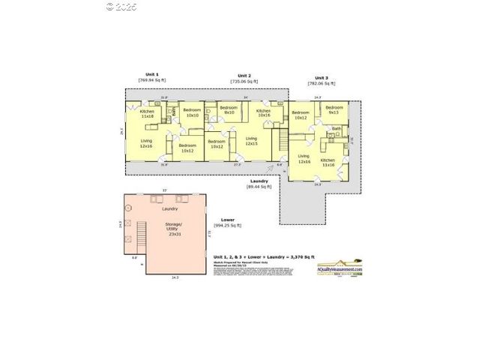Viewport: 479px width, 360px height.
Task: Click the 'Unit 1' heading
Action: click(152, 75)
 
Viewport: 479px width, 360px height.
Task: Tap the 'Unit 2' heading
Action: click(244, 76)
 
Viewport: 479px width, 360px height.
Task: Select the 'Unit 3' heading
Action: click(321, 78)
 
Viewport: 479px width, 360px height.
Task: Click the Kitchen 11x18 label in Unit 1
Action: click(147, 114)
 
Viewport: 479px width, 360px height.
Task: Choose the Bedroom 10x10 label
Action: click(192, 113)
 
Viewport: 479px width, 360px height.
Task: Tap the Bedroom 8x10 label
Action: click(228, 110)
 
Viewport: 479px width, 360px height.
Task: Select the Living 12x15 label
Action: click(251, 140)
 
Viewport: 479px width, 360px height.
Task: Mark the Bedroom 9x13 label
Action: click(334, 109)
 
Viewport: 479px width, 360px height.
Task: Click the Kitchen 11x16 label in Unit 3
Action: click(328, 162)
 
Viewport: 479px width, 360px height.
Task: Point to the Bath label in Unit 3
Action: click(337, 129)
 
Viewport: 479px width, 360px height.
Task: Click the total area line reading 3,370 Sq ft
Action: click(259, 256)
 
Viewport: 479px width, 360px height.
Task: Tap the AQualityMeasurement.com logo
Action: click(339, 268)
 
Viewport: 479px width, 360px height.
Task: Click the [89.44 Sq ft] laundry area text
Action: click(259, 186)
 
